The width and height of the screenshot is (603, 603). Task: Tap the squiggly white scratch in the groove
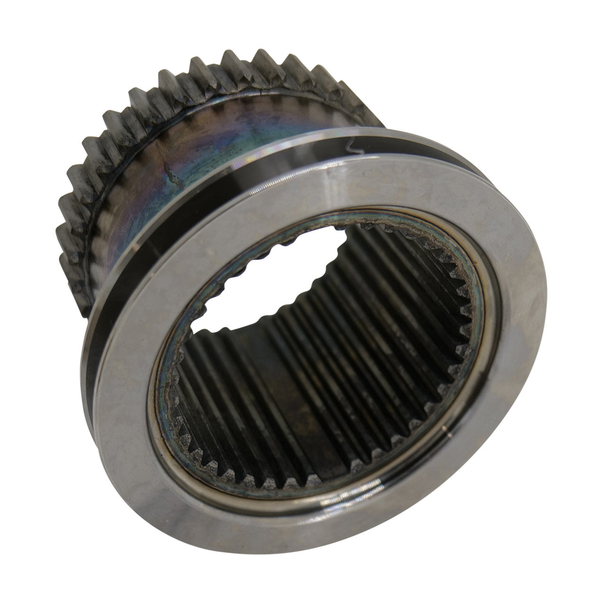coord(353,147)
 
